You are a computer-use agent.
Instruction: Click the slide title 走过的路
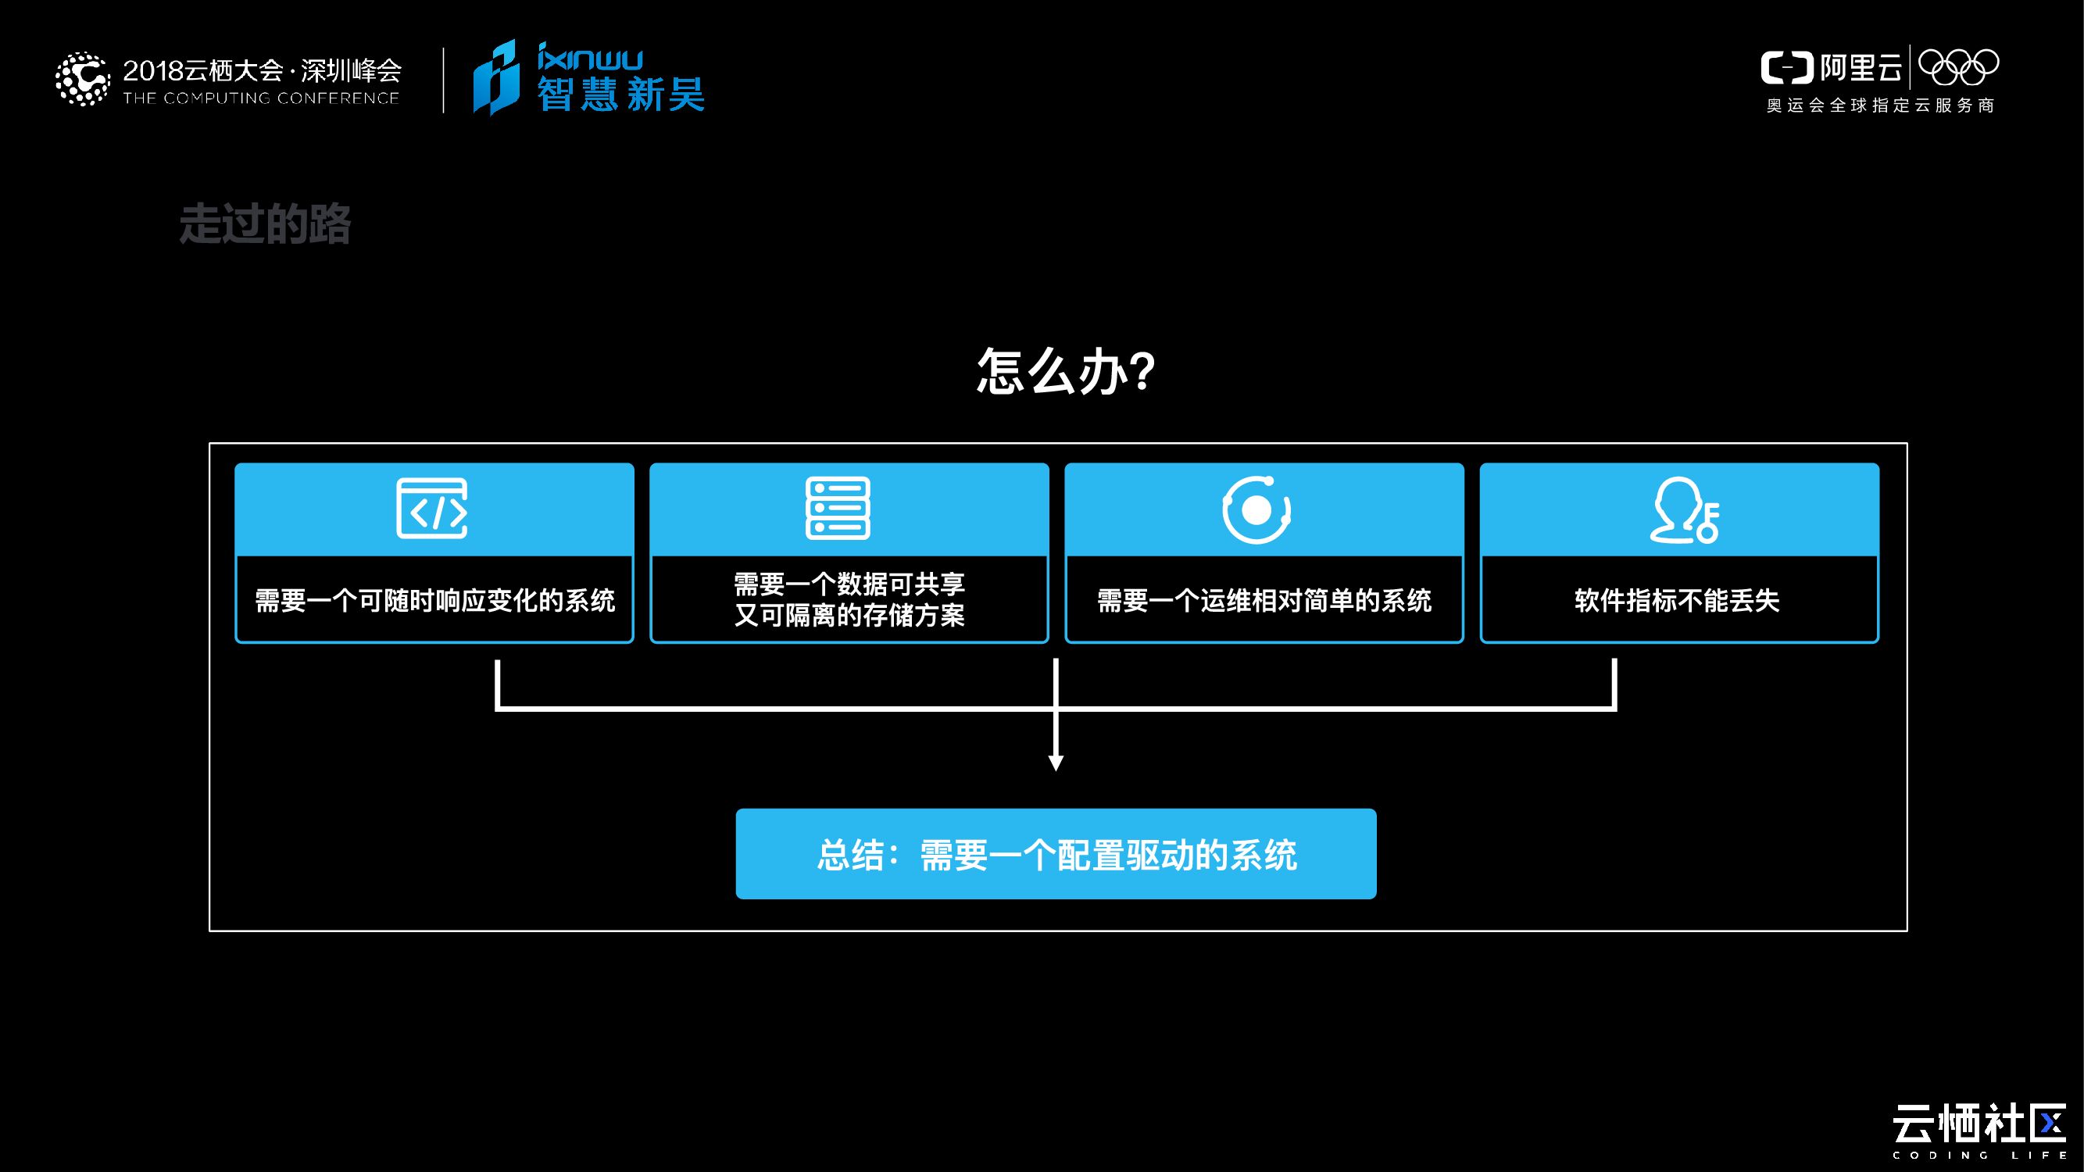[x=265, y=224]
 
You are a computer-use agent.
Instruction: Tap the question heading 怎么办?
[x=1064, y=371]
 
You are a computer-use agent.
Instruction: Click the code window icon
[x=432, y=509]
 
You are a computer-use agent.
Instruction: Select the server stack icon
[x=838, y=509]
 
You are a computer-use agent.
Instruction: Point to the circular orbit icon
[x=1256, y=509]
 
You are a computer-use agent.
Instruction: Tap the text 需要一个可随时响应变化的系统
[x=434, y=601]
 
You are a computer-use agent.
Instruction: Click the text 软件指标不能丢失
[x=1677, y=601]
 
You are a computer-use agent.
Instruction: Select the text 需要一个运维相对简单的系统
[x=1264, y=601]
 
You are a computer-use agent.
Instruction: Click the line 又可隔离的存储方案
[x=849, y=616]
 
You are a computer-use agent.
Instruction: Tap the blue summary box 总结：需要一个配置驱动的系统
[x=1056, y=854]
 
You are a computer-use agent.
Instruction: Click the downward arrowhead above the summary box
[x=1056, y=763]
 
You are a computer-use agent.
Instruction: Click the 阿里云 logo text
[x=1861, y=68]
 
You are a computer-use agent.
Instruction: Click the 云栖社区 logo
[x=1979, y=1126]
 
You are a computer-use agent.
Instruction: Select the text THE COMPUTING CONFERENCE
[x=261, y=98]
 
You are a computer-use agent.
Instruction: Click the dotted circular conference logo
[x=82, y=79]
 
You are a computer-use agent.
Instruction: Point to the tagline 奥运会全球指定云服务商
[x=1880, y=106]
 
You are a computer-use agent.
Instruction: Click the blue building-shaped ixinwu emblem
[x=495, y=77]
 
